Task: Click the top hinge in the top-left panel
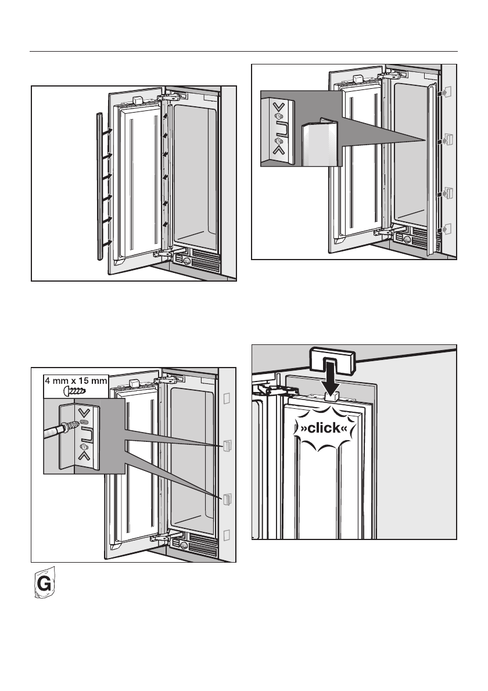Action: [173, 95]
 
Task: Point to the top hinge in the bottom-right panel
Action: [268, 388]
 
